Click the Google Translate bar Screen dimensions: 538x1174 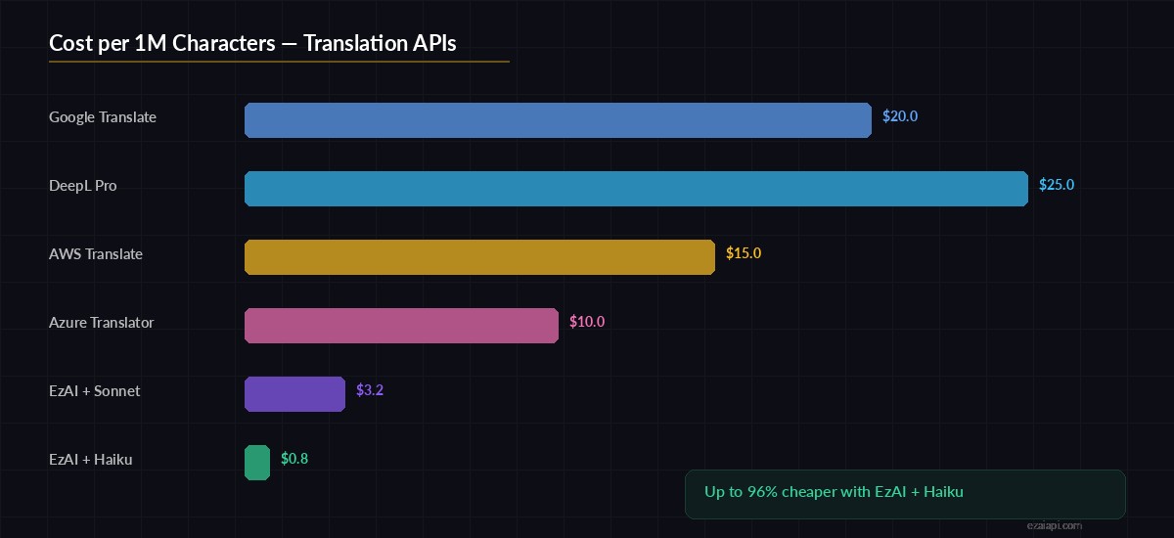(558, 120)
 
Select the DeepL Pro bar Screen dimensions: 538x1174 (636, 189)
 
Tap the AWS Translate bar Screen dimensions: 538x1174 (479, 257)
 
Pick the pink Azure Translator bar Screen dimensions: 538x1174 (401, 326)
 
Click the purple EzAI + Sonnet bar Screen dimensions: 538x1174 (294, 394)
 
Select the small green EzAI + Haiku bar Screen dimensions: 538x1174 (257, 463)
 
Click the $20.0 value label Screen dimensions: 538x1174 (900, 116)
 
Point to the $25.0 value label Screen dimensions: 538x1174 (1057, 185)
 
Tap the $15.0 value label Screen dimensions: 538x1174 (744, 253)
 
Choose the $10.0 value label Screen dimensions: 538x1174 (587, 322)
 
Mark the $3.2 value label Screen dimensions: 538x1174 (370, 390)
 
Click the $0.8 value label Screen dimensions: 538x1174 (294, 459)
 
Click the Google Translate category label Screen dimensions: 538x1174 (103, 117)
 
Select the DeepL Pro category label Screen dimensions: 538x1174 (83, 186)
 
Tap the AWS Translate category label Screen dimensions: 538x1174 (96, 254)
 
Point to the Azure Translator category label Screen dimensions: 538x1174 (102, 323)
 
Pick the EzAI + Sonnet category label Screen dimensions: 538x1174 (95, 391)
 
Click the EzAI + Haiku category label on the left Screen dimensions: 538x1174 (91, 460)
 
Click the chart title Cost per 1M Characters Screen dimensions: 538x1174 (252, 44)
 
